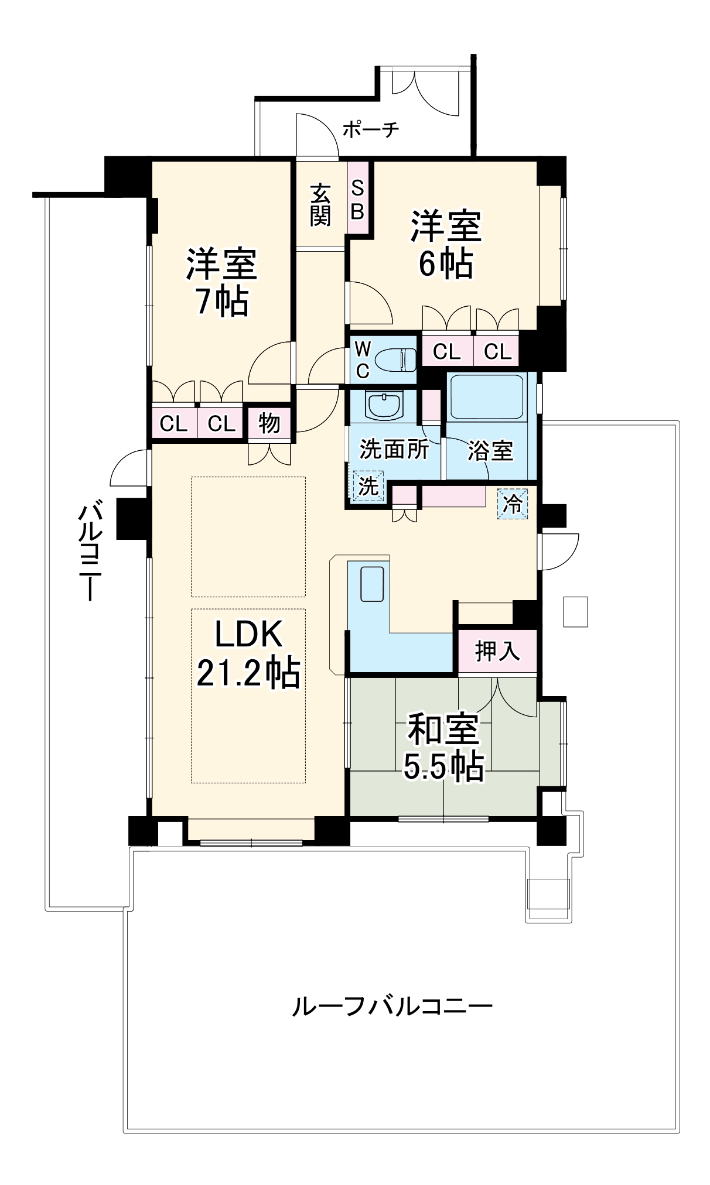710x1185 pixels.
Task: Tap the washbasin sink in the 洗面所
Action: click(x=384, y=405)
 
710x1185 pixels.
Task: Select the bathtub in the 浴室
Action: click(x=485, y=396)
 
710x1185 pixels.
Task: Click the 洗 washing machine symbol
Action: click(x=368, y=486)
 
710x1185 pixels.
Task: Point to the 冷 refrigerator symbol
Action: click(x=513, y=503)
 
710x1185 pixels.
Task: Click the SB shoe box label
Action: click(x=357, y=200)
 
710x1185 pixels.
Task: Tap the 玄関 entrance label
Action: click(x=320, y=204)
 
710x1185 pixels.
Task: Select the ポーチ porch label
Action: click(x=370, y=129)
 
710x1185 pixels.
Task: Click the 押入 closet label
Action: click(x=497, y=650)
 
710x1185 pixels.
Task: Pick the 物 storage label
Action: click(x=269, y=422)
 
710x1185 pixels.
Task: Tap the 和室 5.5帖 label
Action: click(x=443, y=746)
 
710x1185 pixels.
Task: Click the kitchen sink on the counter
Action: click(x=372, y=584)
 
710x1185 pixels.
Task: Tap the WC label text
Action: click(x=363, y=361)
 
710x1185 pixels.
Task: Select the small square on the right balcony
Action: click(x=575, y=611)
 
